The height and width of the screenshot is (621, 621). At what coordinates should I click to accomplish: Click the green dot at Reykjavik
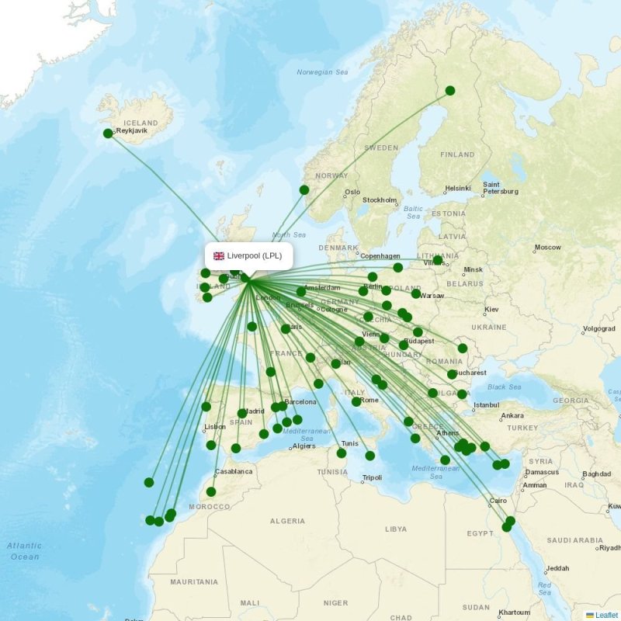[x=108, y=134]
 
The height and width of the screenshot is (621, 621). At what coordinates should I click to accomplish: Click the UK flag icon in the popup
[x=219, y=256]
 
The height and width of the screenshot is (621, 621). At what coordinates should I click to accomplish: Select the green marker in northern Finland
[x=450, y=91]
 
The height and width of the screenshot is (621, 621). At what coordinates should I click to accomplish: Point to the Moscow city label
[x=547, y=248]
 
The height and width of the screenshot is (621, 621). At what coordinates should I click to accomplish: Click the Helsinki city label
[x=458, y=189]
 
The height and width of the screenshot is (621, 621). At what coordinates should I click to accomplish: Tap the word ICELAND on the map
[x=141, y=123]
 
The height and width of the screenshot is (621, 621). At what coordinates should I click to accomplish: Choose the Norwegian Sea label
[x=322, y=72]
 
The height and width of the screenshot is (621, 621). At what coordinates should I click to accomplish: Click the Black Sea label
[x=505, y=387]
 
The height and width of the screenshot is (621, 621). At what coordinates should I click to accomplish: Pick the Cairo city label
[x=498, y=501]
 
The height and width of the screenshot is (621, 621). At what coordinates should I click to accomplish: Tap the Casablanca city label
[x=234, y=471]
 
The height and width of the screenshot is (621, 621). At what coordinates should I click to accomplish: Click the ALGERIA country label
[x=287, y=521]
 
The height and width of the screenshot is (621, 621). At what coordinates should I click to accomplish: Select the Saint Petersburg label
[x=501, y=188]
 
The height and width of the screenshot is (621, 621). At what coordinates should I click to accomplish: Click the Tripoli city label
[x=372, y=477]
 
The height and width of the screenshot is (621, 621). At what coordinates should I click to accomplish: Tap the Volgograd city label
[x=598, y=328]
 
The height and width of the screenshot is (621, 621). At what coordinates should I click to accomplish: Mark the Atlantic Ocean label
[x=25, y=551]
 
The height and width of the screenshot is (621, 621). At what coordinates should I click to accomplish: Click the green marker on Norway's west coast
[x=304, y=189]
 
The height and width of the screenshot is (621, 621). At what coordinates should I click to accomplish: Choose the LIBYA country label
[x=395, y=529]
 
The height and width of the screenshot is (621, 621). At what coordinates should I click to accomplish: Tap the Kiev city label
[x=491, y=309]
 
